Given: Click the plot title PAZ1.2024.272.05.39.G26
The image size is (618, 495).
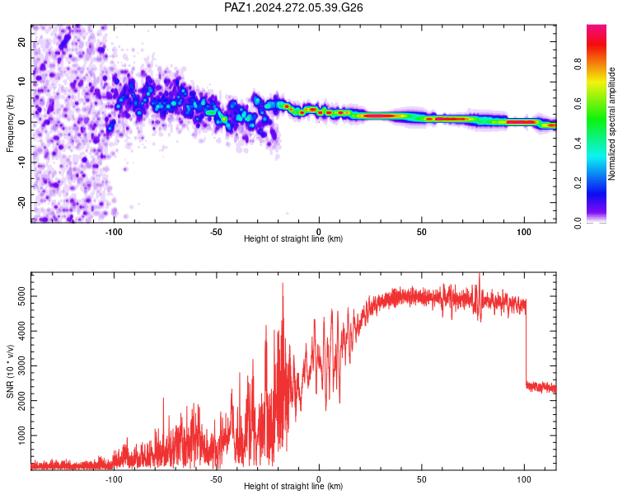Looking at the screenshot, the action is click(293, 7).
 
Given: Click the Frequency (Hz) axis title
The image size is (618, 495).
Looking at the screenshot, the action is click(10, 124).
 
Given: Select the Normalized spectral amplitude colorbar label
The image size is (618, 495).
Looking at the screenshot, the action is click(611, 124).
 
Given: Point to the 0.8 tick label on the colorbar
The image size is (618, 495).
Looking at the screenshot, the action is click(578, 64).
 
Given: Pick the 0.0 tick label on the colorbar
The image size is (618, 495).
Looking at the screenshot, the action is click(578, 223).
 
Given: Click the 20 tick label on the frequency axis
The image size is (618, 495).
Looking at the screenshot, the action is click(22, 42).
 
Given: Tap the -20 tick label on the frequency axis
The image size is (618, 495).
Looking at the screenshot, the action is click(22, 202).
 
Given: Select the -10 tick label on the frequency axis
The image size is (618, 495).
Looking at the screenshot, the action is click(22, 163).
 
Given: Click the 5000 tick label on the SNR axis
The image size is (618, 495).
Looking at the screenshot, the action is click(22, 296).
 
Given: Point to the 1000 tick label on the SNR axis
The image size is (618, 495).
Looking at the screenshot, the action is click(22, 436).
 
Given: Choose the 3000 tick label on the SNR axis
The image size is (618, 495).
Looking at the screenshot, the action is click(22, 366).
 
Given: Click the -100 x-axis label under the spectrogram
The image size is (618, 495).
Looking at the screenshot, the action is click(114, 232).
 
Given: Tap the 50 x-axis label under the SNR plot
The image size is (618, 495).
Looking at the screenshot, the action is click(422, 479).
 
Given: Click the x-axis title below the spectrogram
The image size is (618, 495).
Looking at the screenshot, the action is click(293, 238).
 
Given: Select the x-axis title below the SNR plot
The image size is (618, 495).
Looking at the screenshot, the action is click(293, 486).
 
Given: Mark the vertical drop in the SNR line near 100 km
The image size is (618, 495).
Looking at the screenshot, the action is click(526, 343).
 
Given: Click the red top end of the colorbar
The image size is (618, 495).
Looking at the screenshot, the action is click(597, 27).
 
